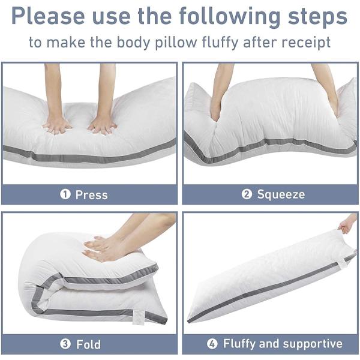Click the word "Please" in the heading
(x=48, y=16)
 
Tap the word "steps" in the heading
(x=317, y=16)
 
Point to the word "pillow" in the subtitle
(x=176, y=43)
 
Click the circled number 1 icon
(x=65, y=194)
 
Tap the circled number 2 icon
(x=247, y=194)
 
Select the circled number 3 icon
(x=65, y=344)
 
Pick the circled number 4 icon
(x=212, y=344)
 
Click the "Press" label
(x=91, y=195)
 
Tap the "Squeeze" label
(x=281, y=194)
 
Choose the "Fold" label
(x=88, y=344)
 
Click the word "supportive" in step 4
(x=313, y=344)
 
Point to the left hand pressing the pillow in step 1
(x=57, y=125)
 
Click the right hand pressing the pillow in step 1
(x=102, y=126)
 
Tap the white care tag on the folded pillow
(x=139, y=317)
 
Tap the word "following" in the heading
(x=230, y=17)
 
